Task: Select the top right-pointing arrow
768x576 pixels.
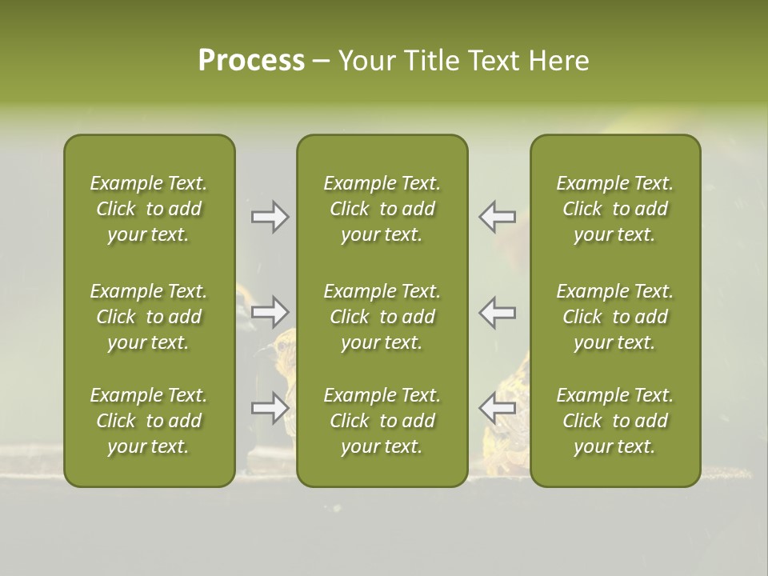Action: (270, 217)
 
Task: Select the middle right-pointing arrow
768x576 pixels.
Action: (270, 310)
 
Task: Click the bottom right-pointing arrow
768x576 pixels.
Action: (270, 408)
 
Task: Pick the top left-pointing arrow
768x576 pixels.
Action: (497, 217)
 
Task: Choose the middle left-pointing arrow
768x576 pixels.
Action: (497, 312)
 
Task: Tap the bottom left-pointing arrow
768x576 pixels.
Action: (497, 408)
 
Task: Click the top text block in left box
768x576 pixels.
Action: (149, 209)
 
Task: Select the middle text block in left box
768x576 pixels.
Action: (149, 317)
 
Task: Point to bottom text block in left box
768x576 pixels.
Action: (149, 421)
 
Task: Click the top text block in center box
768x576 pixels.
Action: (382, 209)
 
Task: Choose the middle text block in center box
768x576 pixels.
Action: (382, 317)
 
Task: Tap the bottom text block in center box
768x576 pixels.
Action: (382, 421)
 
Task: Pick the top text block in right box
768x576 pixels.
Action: (615, 209)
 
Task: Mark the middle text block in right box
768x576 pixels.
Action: (615, 317)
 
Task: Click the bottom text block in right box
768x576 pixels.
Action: (615, 421)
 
